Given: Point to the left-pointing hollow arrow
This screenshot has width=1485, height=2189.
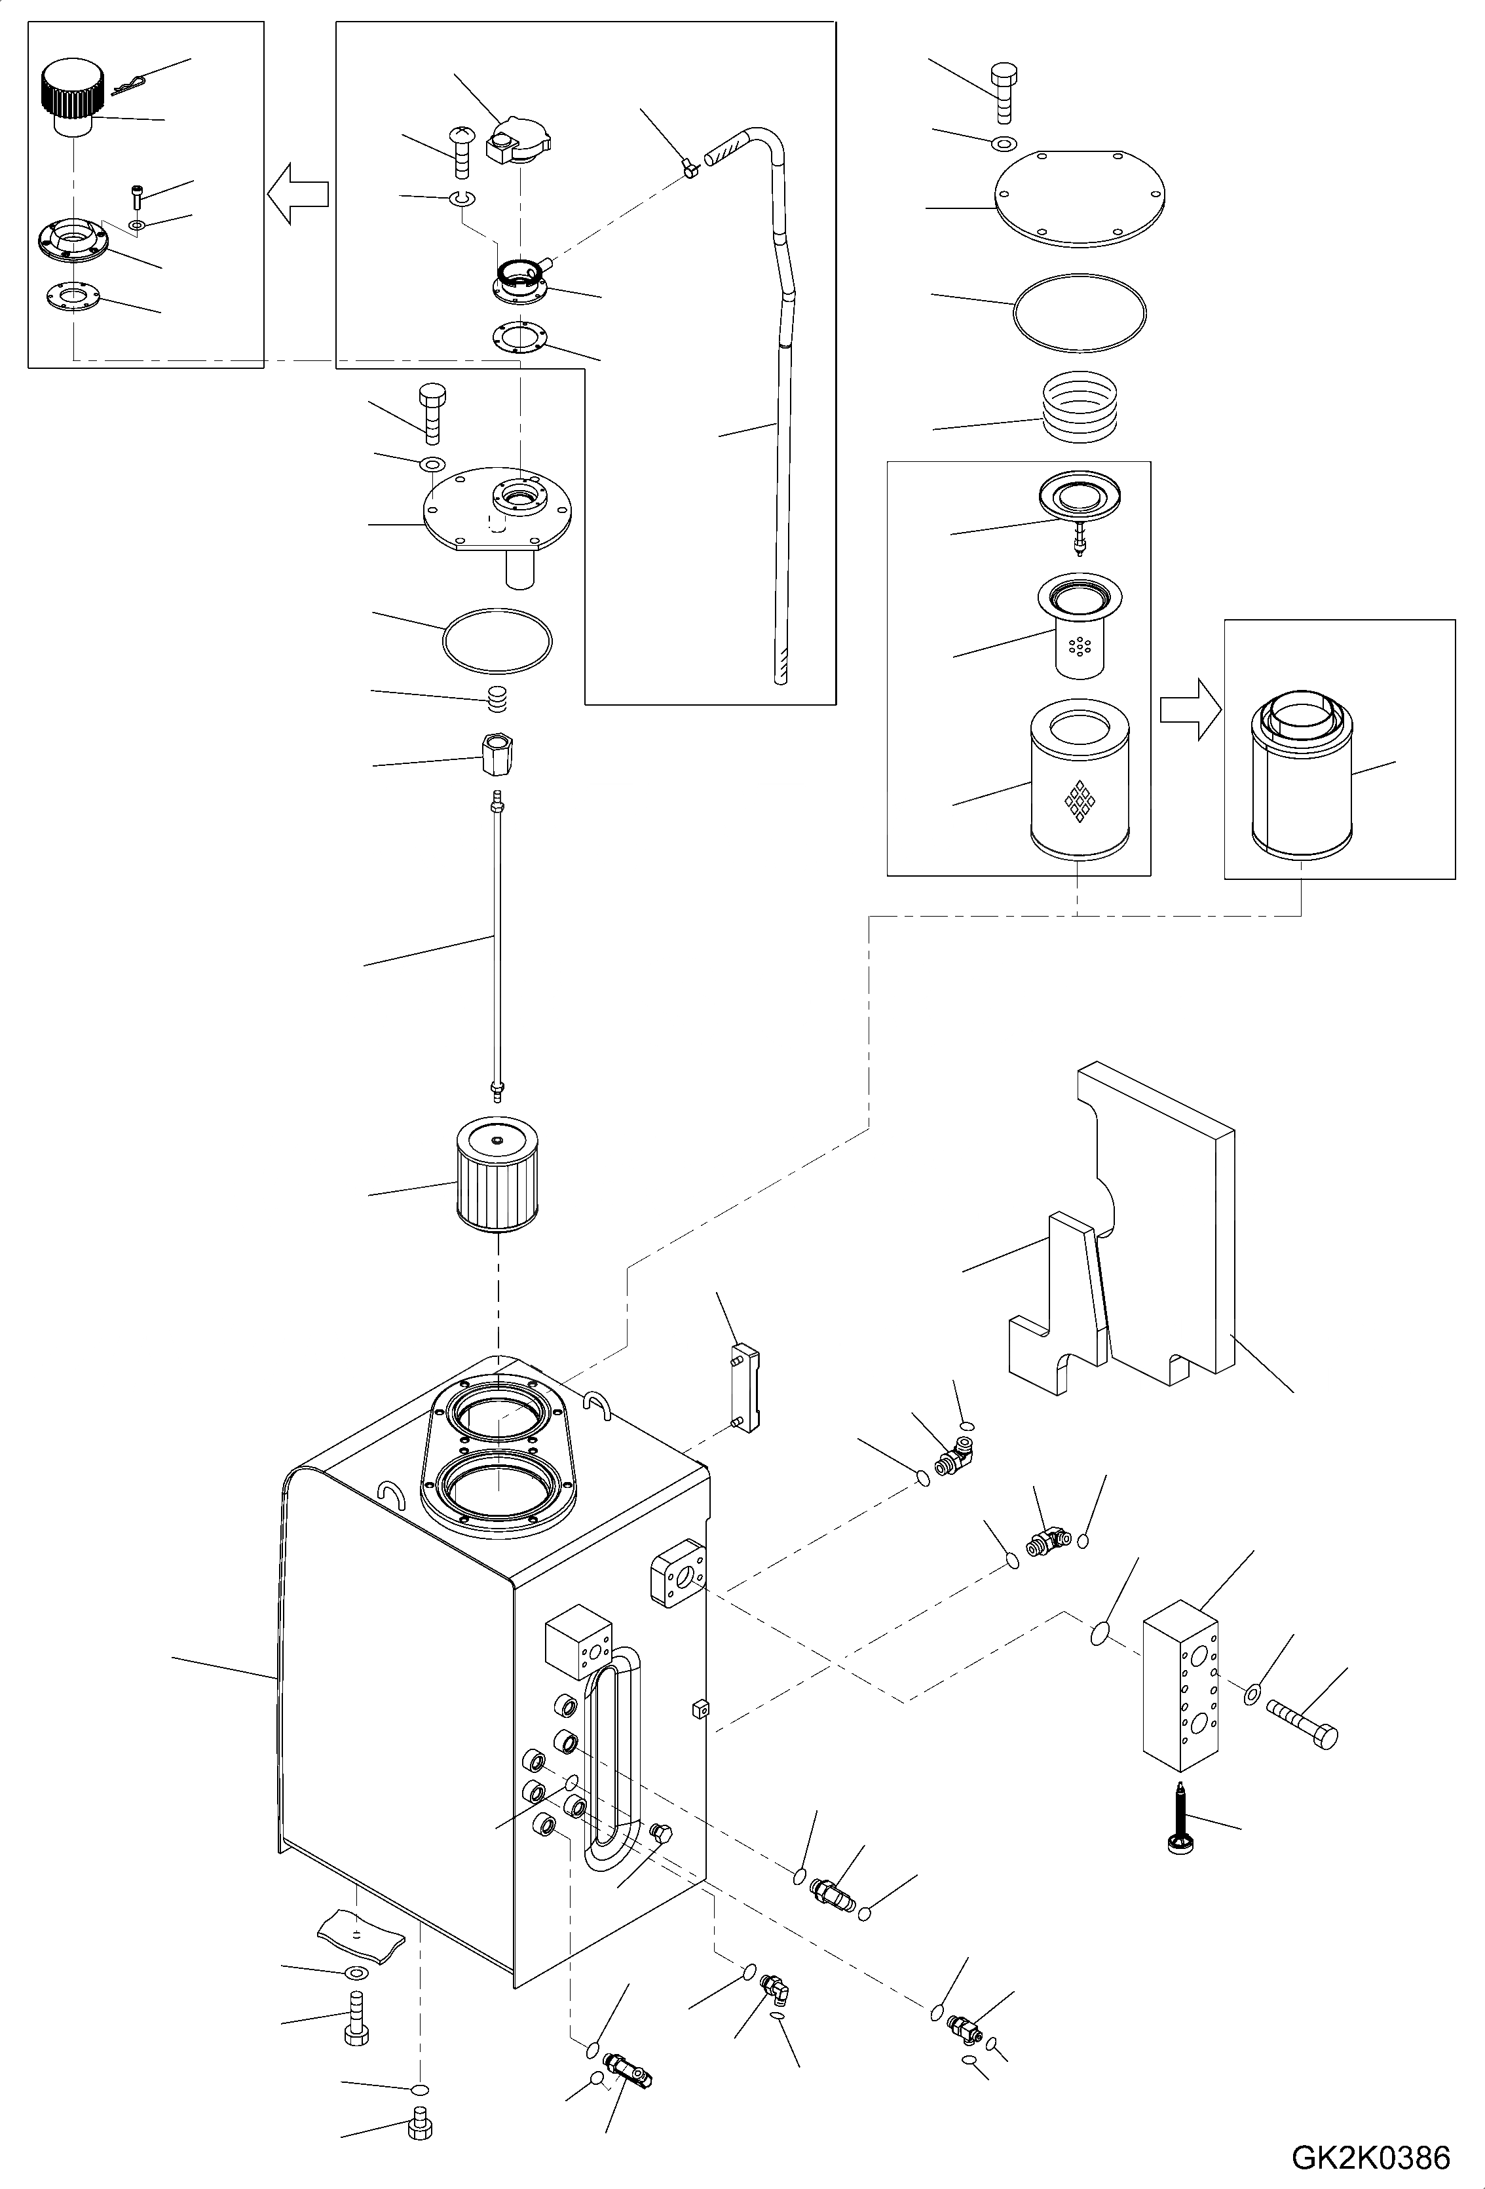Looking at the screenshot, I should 297,193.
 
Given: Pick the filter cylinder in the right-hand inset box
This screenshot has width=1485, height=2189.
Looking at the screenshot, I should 1302,775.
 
